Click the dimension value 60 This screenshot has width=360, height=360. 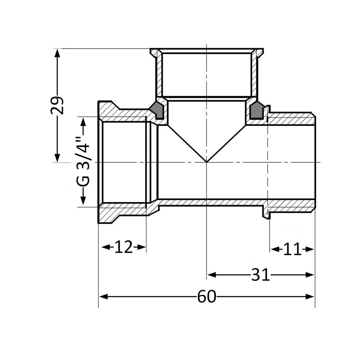pos(207,297)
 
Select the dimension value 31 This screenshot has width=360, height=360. pos(260,275)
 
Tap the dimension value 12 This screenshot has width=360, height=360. pos(123,247)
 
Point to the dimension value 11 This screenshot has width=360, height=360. pos(292,249)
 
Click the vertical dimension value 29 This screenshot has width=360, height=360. pos(57,105)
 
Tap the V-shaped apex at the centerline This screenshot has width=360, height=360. pos(206,162)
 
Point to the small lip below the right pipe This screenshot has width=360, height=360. pos(266,216)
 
